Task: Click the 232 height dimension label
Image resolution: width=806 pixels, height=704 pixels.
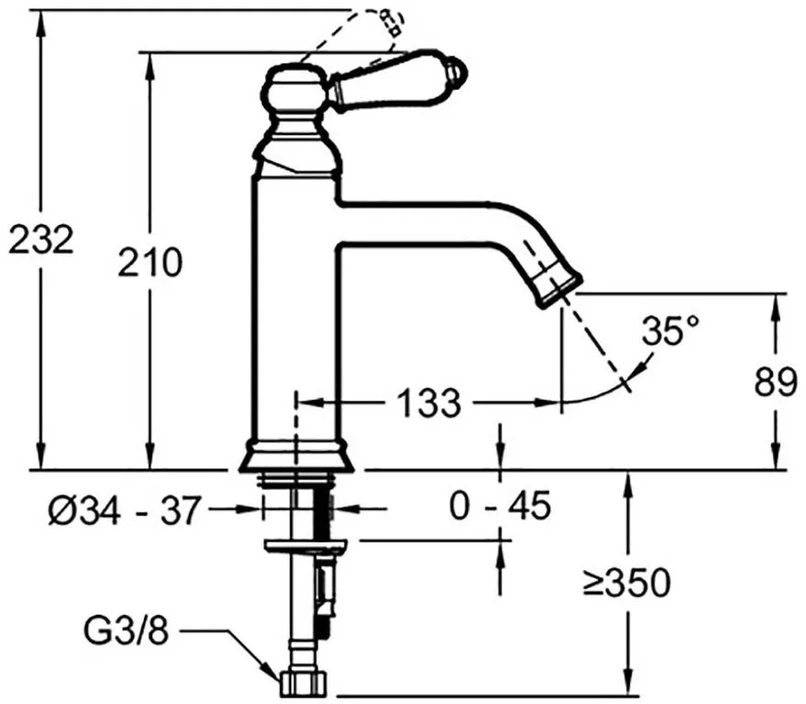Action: [41, 239]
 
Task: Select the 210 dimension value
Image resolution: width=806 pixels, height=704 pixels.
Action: [151, 263]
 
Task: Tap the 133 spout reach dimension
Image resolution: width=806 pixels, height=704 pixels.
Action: [430, 402]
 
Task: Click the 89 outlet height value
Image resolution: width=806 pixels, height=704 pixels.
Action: [775, 383]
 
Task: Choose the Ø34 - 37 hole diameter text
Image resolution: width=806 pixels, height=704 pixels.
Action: [123, 510]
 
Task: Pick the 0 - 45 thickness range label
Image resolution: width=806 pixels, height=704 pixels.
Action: [499, 506]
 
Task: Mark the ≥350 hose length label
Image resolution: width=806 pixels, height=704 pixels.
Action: [627, 583]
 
